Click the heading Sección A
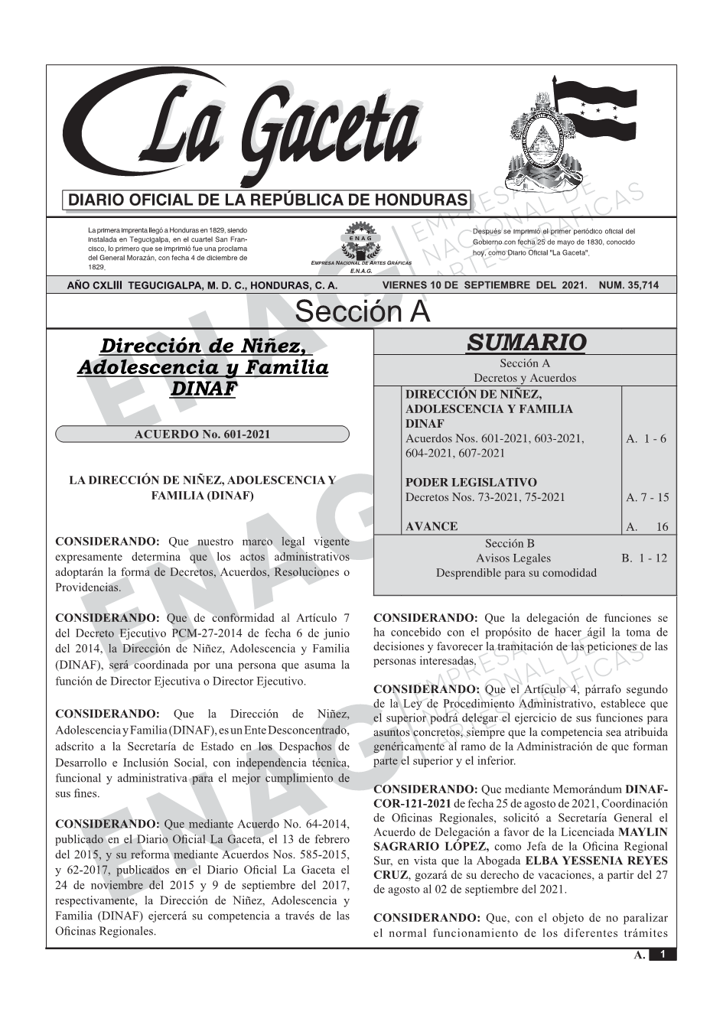pyautogui.click(x=362, y=312)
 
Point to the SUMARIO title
pyautogui.click(x=526, y=343)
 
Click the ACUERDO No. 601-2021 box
pyautogui.click(x=202, y=434)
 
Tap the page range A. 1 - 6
pyautogui.click(x=646, y=438)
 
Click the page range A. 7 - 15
pyautogui.click(x=647, y=497)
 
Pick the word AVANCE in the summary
pyautogui.click(x=432, y=526)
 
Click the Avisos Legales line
pyautogui.click(x=513, y=558)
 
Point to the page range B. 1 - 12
pyautogui.click(x=644, y=558)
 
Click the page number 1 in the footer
pyautogui.click(x=663, y=955)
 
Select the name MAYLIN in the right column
pyautogui.click(x=643, y=832)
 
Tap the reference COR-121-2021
pyautogui.click(x=411, y=803)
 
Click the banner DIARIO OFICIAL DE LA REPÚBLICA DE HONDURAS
pyautogui.click(x=268, y=200)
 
